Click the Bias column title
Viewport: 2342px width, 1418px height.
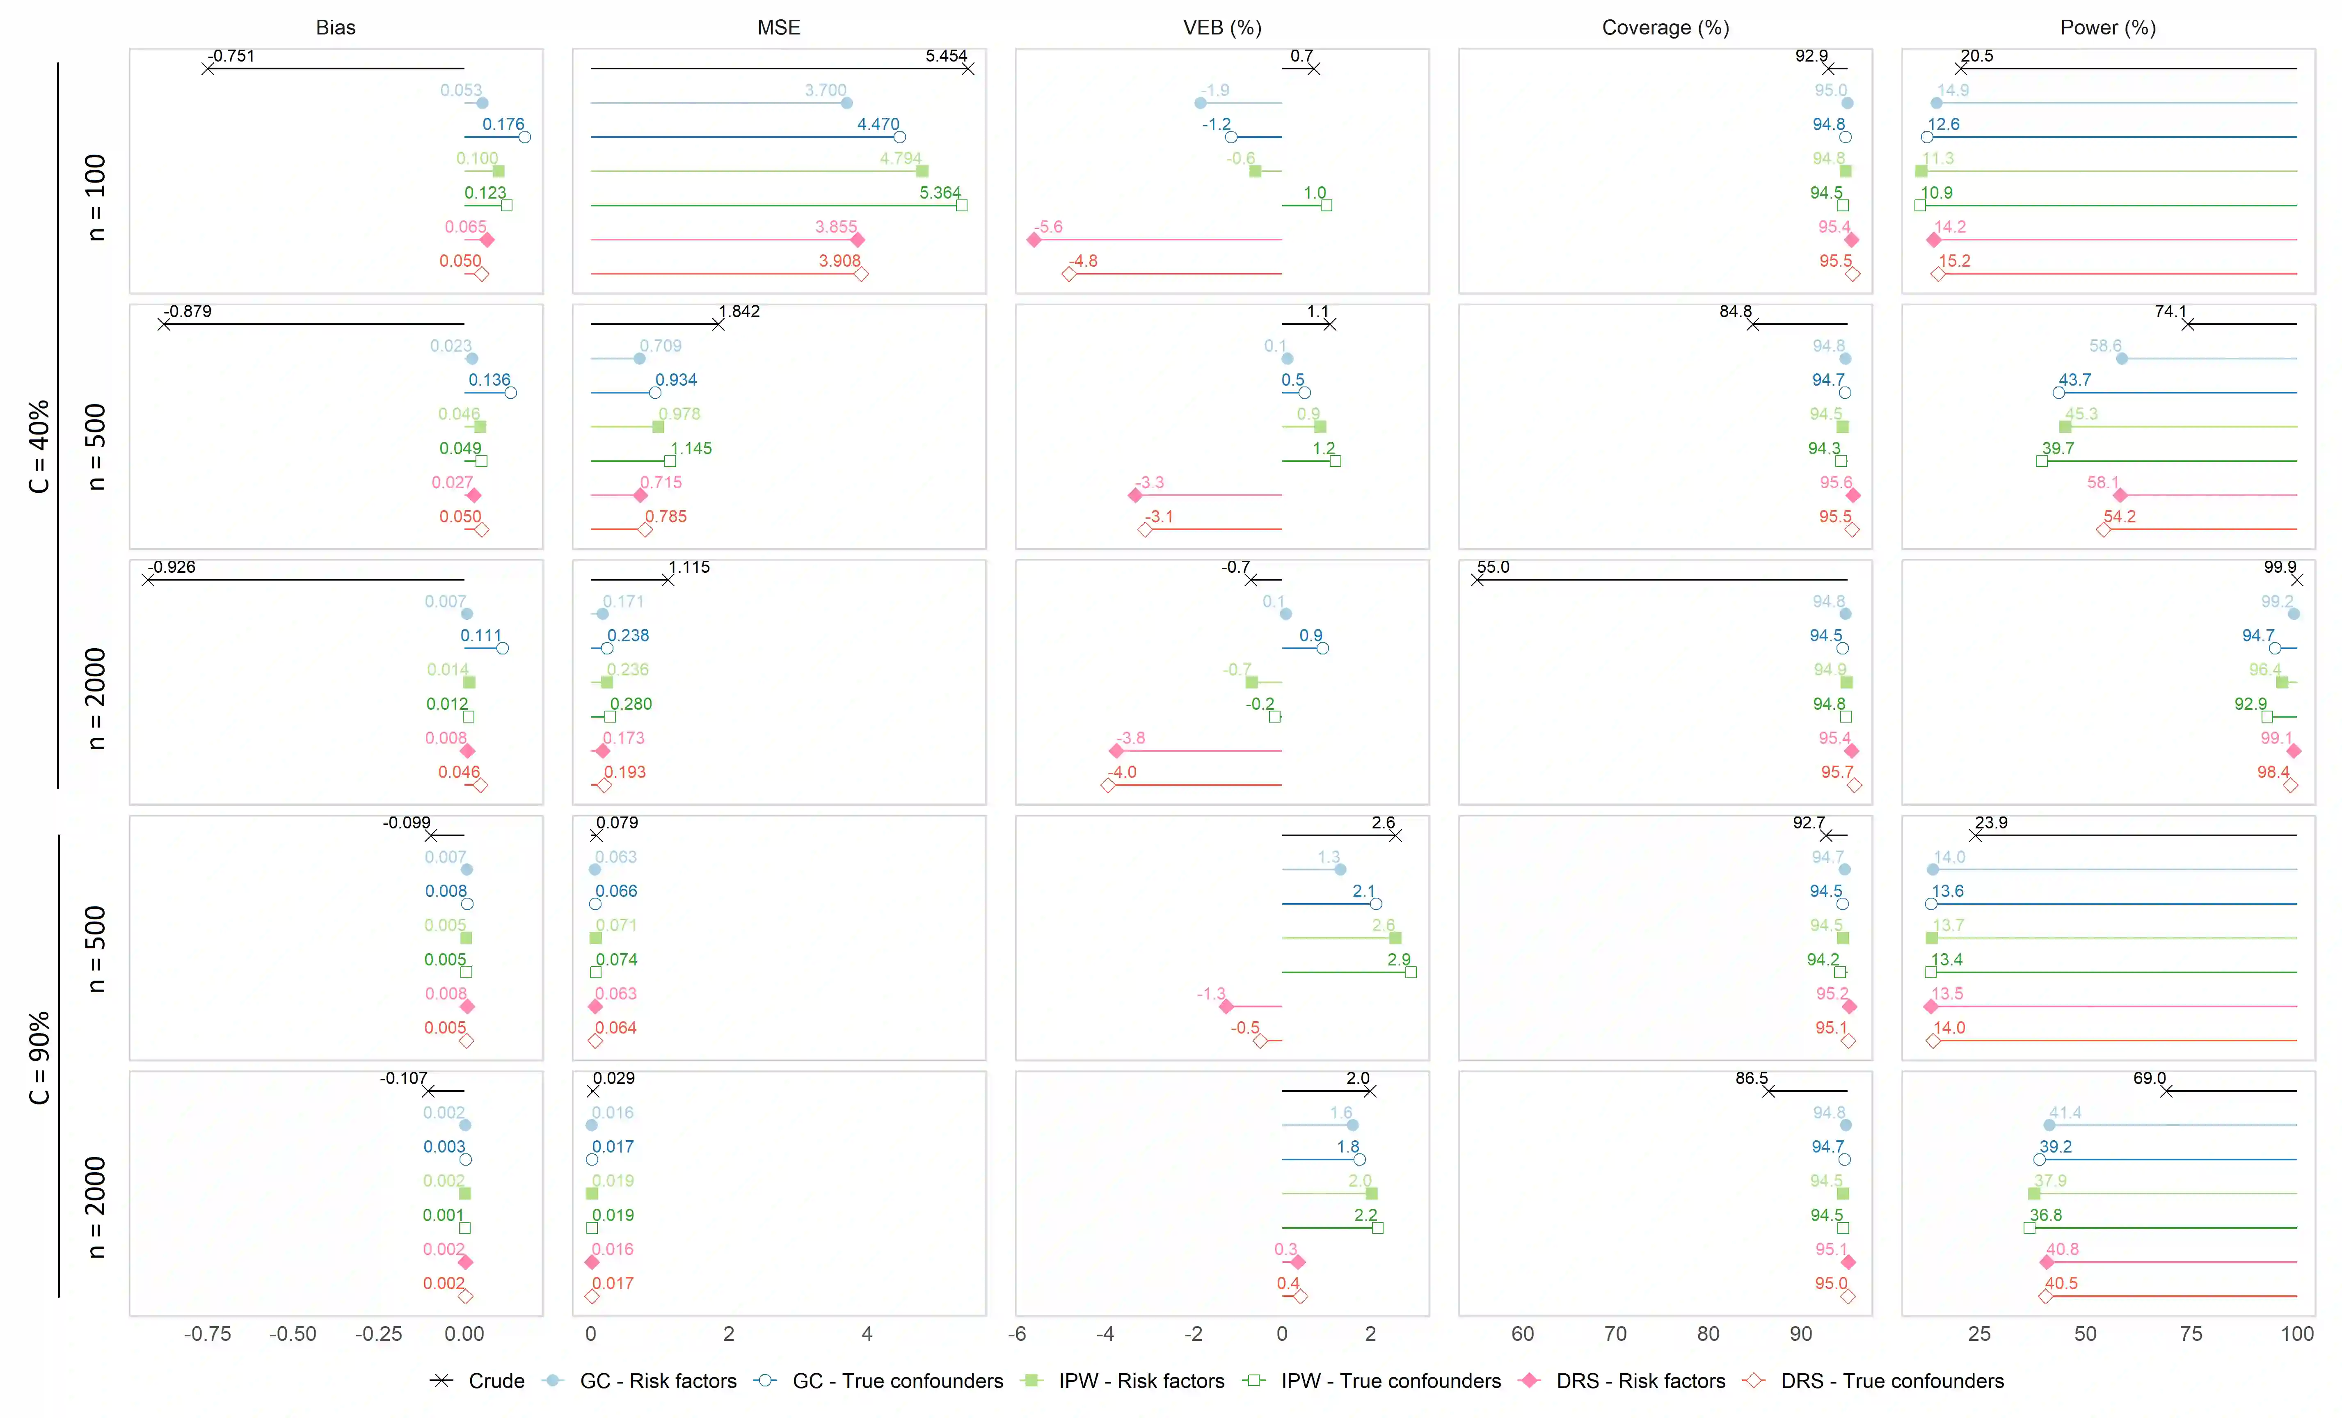coord(336,27)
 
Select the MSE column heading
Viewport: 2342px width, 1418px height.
coord(778,27)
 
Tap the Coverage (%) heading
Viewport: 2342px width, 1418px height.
coord(1665,27)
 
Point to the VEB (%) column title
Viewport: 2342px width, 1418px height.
coord(1222,27)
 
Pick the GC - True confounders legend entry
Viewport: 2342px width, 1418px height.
coord(897,1381)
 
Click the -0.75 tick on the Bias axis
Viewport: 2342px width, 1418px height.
coord(207,1334)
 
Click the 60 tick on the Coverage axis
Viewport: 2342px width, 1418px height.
coord(1523,1334)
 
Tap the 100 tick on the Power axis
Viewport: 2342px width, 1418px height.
coord(2296,1334)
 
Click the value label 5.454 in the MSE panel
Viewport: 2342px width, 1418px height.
coord(946,56)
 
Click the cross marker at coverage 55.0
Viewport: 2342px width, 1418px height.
coord(1477,580)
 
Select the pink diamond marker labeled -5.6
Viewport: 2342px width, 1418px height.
coord(1034,240)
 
